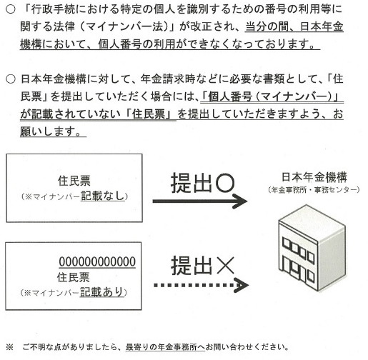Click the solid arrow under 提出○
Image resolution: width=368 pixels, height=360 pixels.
[199, 201]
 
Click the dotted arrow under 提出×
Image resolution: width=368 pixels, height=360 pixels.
[202, 285]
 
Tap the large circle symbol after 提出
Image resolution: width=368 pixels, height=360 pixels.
[224, 183]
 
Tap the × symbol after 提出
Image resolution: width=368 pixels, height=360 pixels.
[226, 265]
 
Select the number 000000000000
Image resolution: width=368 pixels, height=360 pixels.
[97, 261]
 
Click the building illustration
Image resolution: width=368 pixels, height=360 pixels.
[312, 248]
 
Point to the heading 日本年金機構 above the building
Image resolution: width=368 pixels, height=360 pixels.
[314, 177]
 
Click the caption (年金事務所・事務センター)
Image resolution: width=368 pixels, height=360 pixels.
[314, 190]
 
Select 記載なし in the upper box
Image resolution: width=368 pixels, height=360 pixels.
[103, 196]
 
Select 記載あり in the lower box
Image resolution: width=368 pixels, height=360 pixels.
[101, 292]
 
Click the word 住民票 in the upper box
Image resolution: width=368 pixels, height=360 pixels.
[74, 181]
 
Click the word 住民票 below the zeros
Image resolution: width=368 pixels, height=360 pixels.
[74, 277]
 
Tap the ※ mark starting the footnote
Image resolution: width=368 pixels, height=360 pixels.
[9, 347]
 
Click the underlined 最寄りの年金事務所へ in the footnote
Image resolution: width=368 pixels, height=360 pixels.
[165, 347]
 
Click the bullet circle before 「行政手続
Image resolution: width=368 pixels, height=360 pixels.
[11, 9]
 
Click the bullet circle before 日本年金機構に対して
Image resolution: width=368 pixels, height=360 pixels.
[11, 79]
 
